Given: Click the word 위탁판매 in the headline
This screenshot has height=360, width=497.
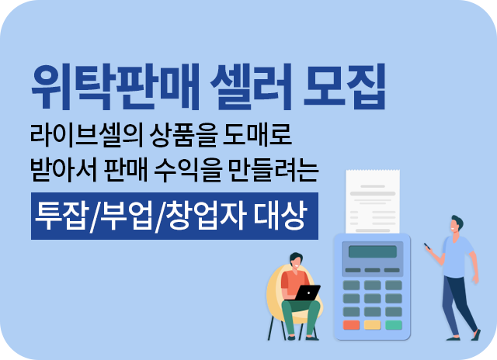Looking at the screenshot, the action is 115,86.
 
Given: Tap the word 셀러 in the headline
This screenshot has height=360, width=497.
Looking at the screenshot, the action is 251,86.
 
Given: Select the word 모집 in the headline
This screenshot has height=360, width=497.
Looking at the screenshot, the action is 345,86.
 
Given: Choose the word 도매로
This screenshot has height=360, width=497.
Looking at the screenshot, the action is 257,135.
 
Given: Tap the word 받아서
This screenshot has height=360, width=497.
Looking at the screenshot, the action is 64,170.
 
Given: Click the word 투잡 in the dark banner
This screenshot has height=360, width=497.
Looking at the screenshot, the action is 61,216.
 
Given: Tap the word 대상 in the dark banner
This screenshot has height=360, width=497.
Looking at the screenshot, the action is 280,216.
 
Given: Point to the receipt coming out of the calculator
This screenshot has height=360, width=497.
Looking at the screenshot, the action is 373,202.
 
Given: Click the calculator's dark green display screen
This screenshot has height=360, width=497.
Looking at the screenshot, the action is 373,251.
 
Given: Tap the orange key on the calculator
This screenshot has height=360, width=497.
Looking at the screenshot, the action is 351,325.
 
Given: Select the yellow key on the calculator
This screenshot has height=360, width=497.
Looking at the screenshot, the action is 373,325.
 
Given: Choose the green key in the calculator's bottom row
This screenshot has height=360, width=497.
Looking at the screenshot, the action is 394,325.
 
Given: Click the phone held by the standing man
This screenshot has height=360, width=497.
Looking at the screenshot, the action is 428,246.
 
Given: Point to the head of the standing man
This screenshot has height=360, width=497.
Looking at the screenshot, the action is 457,224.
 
